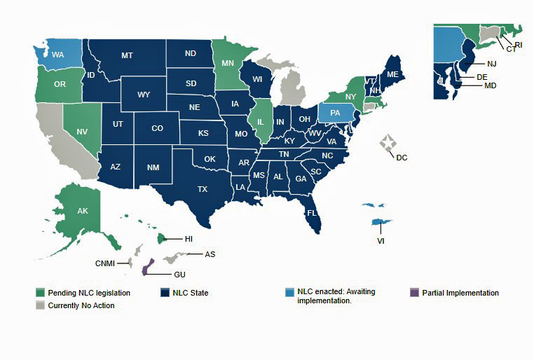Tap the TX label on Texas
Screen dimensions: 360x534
(x=202, y=189)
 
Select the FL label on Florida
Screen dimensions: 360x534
(x=313, y=212)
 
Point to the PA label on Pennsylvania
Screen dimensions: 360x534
(x=336, y=112)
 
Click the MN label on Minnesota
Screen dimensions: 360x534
(x=227, y=63)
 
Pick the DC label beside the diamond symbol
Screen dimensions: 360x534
(x=402, y=158)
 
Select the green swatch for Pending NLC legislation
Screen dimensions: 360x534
(x=41, y=293)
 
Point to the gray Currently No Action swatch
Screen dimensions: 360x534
(x=41, y=305)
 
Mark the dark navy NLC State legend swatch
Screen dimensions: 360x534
(x=166, y=293)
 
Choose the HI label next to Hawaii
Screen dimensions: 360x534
(x=189, y=239)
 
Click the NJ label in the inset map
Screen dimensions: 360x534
(x=472, y=64)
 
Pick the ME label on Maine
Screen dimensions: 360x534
(x=392, y=75)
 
